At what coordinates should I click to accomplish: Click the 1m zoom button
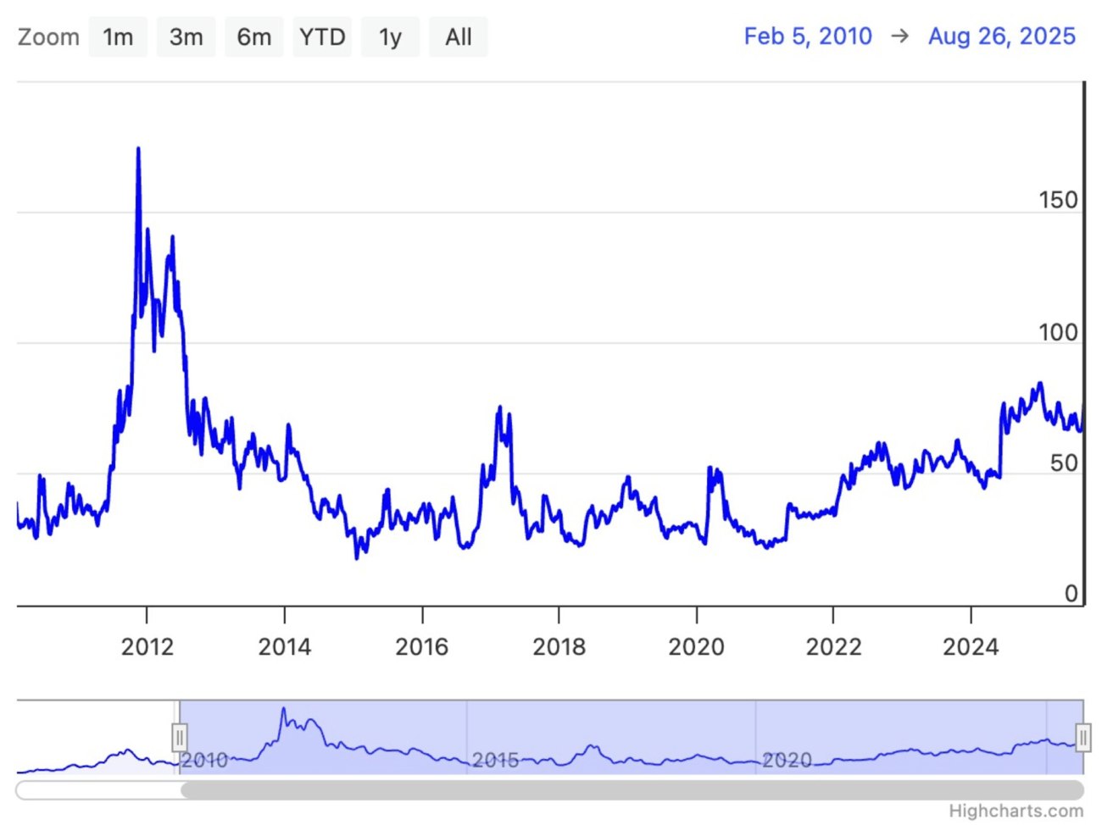[x=118, y=37]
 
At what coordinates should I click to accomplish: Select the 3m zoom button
[x=186, y=37]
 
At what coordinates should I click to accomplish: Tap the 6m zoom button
[x=253, y=37]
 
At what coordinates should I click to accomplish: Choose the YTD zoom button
[x=322, y=37]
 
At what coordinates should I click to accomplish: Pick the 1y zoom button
[x=390, y=37]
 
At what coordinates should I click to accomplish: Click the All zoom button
[x=459, y=37]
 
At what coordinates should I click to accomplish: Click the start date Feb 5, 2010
[x=808, y=36]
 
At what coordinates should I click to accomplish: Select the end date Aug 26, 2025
[x=1001, y=36]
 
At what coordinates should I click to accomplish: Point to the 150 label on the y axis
[x=1058, y=201]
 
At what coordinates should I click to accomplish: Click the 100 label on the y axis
[x=1058, y=332]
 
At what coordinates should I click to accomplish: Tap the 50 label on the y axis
[x=1064, y=463]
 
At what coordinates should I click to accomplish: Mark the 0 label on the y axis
[x=1071, y=594]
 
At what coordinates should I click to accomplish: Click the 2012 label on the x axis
[x=147, y=647]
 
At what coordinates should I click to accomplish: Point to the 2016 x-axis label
[x=421, y=647]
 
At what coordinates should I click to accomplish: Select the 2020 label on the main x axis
[x=696, y=647]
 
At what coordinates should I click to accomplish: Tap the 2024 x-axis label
[x=971, y=647]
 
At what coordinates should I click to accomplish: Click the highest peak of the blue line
[x=138, y=150]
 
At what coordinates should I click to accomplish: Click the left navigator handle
[x=179, y=738]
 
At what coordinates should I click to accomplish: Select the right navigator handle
[x=1083, y=738]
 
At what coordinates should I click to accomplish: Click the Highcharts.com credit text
[x=1016, y=811]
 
